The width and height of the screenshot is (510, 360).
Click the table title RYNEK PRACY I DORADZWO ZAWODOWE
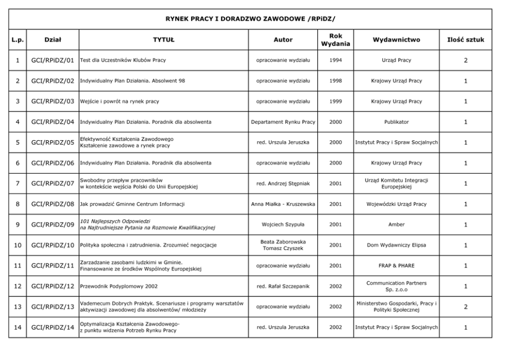pos(250,19)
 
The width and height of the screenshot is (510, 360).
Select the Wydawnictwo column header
pos(396,40)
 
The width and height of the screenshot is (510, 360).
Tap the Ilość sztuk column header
pos(466,40)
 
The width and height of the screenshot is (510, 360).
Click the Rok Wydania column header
pos(335,40)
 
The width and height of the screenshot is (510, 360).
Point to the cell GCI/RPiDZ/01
pos(53,60)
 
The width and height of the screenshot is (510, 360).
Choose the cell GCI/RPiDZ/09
pos(53,224)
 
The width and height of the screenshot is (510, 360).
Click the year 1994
pos(335,60)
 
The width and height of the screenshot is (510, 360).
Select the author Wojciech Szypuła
pos(283,224)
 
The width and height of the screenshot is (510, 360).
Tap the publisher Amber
pos(396,224)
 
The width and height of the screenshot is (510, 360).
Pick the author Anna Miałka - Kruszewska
pos(283,204)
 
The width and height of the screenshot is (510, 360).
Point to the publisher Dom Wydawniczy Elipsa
pos(396,245)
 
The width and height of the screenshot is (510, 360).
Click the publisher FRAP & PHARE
pos(396,266)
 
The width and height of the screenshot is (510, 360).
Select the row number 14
pos(17,327)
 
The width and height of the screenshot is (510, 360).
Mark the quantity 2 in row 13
pos(466,307)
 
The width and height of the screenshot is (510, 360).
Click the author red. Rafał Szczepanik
pos(283,286)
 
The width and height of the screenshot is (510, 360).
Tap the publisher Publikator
pos(396,122)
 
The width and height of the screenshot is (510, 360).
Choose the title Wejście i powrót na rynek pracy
pos(120,101)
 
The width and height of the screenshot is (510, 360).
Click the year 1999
pos(335,101)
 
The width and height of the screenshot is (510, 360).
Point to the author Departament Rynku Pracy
pos(283,122)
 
